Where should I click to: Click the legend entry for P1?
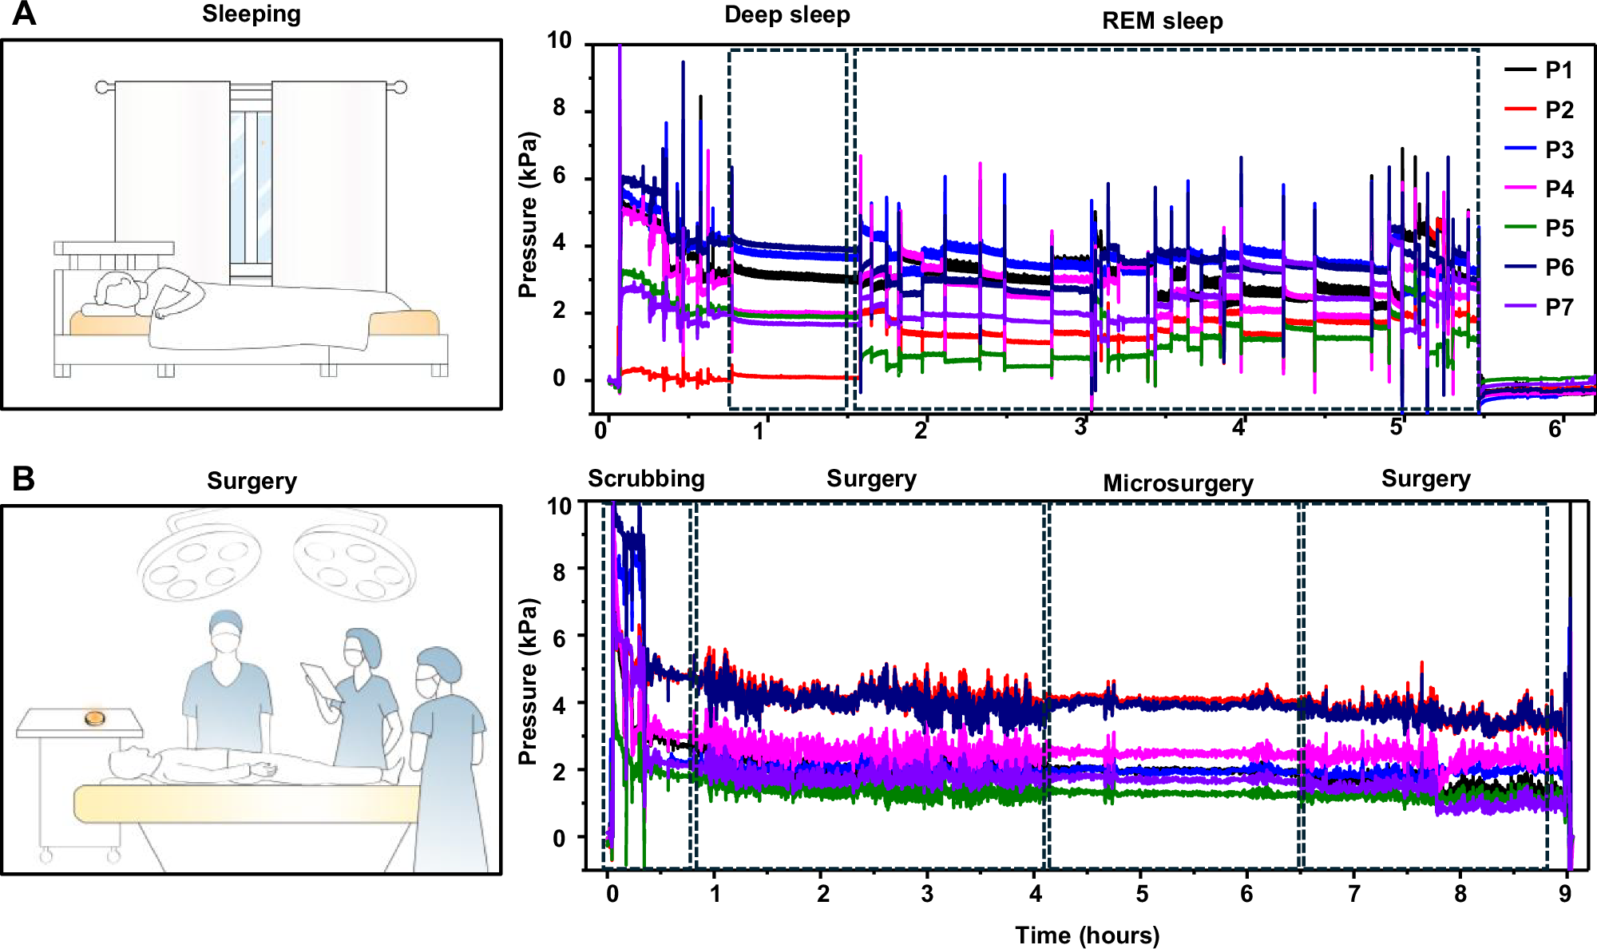pos(1557,70)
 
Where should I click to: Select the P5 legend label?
pos(1559,228)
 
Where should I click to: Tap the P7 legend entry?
pos(1557,308)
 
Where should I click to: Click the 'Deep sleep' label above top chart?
pos(787,15)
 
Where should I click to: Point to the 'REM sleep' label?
pos(1162,22)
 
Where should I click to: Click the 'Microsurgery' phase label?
pos(1178,484)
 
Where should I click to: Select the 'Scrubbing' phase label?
pos(646,479)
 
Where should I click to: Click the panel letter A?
pos(24,14)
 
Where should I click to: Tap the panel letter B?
pos(24,479)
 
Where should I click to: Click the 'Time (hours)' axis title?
pos(1087,935)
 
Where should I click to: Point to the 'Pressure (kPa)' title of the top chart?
pos(528,214)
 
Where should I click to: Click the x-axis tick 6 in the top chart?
pos(1554,430)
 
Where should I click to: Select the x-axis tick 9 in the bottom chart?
pos(1564,894)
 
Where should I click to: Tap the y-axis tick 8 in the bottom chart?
pos(560,572)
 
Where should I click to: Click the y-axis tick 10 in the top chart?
pos(559,40)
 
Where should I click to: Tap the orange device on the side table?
pos(95,718)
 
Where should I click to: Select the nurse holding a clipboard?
pos(363,695)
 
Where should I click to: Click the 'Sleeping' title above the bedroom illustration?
pos(251,14)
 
